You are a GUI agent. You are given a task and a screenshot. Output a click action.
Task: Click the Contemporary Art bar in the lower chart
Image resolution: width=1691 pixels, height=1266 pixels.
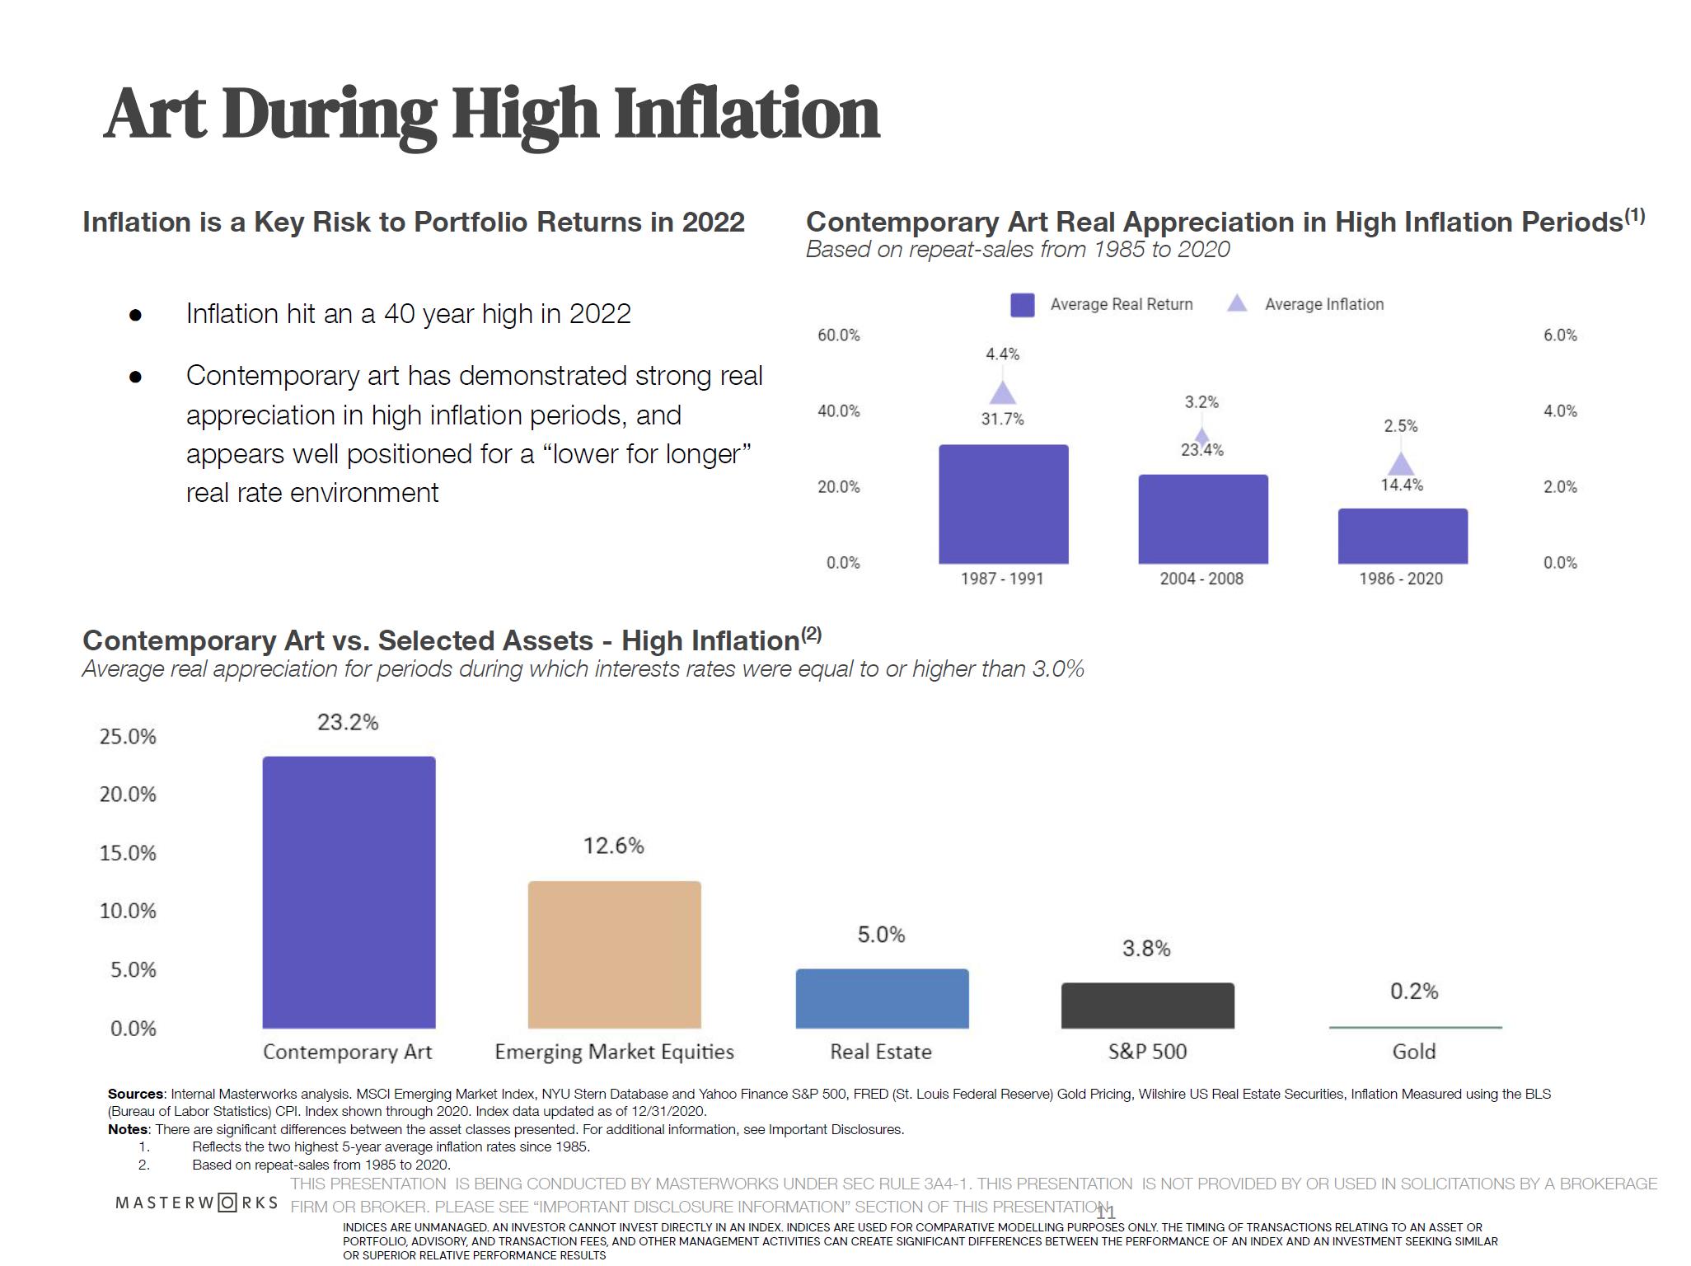(x=349, y=892)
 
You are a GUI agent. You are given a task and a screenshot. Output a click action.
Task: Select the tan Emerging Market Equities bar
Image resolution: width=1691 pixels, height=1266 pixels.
(x=614, y=954)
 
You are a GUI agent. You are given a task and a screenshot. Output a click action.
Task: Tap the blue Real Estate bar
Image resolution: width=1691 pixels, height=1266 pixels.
(x=882, y=998)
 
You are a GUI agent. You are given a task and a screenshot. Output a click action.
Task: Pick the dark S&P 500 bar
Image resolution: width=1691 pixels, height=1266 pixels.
(x=1147, y=1005)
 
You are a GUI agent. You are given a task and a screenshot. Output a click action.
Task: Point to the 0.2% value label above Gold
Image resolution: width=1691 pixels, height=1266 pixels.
(x=1414, y=991)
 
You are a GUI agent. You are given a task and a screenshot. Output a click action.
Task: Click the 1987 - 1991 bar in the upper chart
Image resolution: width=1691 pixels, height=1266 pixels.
(x=1003, y=504)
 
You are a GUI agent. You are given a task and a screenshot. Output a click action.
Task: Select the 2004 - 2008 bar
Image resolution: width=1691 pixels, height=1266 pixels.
(x=1202, y=518)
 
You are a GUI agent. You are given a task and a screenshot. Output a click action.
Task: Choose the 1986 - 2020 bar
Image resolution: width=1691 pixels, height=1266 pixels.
(x=1402, y=536)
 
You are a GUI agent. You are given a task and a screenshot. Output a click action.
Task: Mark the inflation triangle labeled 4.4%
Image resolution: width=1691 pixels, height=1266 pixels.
(x=1002, y=393)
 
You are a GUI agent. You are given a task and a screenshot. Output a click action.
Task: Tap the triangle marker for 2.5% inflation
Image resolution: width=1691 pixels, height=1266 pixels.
(x=1401, y=465)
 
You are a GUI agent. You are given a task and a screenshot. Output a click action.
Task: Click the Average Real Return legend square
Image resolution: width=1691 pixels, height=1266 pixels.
(x=1022, y=305)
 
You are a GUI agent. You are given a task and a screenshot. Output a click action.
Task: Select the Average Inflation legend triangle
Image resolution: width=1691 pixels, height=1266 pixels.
(x=1237, y=304)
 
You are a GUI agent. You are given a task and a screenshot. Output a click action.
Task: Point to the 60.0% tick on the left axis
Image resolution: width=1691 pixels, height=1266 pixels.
(x=838, y=335)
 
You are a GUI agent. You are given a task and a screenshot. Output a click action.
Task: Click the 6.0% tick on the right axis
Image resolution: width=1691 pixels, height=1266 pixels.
(x=1559, y=335)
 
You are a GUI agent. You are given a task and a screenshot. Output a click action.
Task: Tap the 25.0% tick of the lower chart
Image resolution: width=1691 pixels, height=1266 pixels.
(x=128, y=737)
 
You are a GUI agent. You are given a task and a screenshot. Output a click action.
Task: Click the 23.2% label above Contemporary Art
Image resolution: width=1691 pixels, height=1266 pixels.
(x=348, y=723)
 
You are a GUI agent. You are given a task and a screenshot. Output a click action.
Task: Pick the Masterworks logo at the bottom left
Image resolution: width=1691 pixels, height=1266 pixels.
(x=197, y=1203)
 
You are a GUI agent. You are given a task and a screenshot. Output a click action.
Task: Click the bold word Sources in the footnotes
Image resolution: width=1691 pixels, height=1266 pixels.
(x=136, y=1095)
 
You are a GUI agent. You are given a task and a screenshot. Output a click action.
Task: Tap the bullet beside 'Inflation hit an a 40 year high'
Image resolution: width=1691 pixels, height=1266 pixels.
(x=136, y=315)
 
